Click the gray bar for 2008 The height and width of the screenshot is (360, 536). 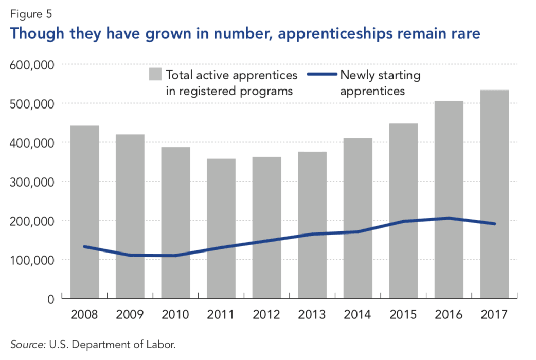[84, 211]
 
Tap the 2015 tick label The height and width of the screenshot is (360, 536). [403, 314]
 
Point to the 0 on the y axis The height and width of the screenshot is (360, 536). [50, 299]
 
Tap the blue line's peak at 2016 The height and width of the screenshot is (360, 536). [449, 218]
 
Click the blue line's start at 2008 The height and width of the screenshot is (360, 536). [84, 247]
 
